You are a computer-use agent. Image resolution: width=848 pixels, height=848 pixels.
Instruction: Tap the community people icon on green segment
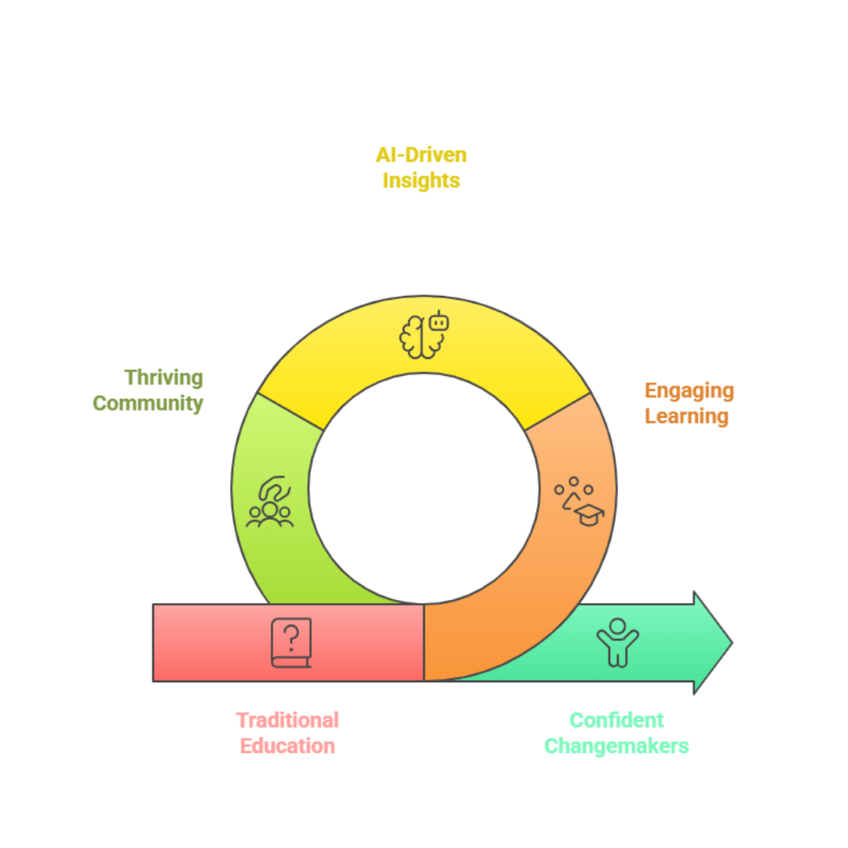[x=269, y=502]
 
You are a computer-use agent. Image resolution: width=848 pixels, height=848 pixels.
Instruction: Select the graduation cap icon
[x=589, y=514]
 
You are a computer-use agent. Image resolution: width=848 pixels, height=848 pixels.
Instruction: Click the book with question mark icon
[x=291, y=642]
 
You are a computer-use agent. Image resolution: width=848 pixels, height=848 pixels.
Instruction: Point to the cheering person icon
[x=617, y=641]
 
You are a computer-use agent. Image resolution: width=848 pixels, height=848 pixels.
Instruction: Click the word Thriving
[x=163, y=378]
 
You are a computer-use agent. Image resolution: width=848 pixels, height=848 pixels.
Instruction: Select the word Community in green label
[x=148, y=404]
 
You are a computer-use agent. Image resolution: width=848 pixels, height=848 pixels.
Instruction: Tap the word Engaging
[x=689, y=390]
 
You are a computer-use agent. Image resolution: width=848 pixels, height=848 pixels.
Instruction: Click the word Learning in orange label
[x=683, y=416]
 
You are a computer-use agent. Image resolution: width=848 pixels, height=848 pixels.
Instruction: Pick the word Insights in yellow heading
[x=426, y=182]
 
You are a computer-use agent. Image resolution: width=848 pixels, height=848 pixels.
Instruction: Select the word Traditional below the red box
[x=287, y=718]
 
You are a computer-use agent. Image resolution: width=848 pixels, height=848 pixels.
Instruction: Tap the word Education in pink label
[x=287, y=744]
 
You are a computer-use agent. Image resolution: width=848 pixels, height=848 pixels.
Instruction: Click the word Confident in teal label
[x=617, y=718]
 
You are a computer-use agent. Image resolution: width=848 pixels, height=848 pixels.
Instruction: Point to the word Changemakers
[x=617, y=744]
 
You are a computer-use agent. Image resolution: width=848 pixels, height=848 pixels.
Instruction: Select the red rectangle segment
[x=212, y=642]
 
